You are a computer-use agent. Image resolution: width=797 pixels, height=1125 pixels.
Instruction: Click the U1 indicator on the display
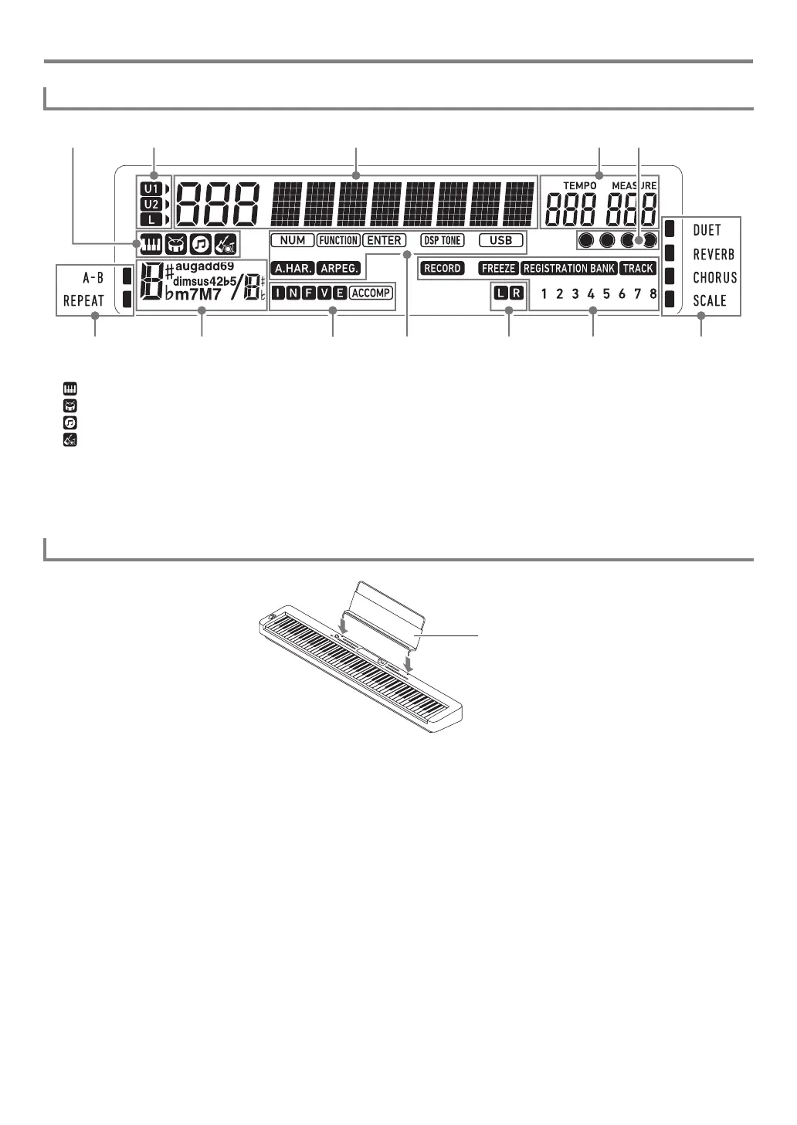(x=151, y=188)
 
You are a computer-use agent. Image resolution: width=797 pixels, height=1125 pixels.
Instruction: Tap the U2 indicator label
(x=151, y=205)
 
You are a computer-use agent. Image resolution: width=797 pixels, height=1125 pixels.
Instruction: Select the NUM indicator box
(x=293, y=240)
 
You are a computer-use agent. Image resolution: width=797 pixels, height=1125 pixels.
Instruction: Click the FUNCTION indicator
(x=338, y=240)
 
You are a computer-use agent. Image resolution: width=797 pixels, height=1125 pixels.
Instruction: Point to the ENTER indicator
(x=384, y=240)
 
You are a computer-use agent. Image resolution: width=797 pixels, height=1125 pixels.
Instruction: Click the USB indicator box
(x=501, y=240)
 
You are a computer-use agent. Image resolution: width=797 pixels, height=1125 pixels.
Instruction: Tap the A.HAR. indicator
(x=292, y=269)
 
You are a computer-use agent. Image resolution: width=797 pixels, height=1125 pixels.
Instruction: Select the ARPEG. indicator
(x=338, y=269)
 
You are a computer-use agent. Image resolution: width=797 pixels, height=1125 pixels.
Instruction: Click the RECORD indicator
(x=443, y=269)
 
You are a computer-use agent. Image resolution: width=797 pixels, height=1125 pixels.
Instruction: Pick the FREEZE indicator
(x=498, y=269)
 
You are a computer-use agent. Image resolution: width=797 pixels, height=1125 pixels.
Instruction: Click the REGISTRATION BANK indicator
(x=569, y=269)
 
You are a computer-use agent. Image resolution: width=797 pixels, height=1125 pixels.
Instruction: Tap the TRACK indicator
(x=638, y=269)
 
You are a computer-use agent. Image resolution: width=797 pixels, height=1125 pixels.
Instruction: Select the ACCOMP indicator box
(x=371, y=293)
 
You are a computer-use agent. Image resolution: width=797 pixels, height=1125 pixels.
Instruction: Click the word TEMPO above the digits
(x=579, y=186)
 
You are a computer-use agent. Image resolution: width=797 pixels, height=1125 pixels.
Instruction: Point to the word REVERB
(x=713, y=254)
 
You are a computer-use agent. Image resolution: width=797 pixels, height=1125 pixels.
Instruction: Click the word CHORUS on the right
(x=714, y=277)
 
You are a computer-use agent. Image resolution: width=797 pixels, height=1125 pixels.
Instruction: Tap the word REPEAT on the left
(x=83, y=300)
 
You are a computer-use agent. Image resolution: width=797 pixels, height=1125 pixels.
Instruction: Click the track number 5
(x=606, y=294)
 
